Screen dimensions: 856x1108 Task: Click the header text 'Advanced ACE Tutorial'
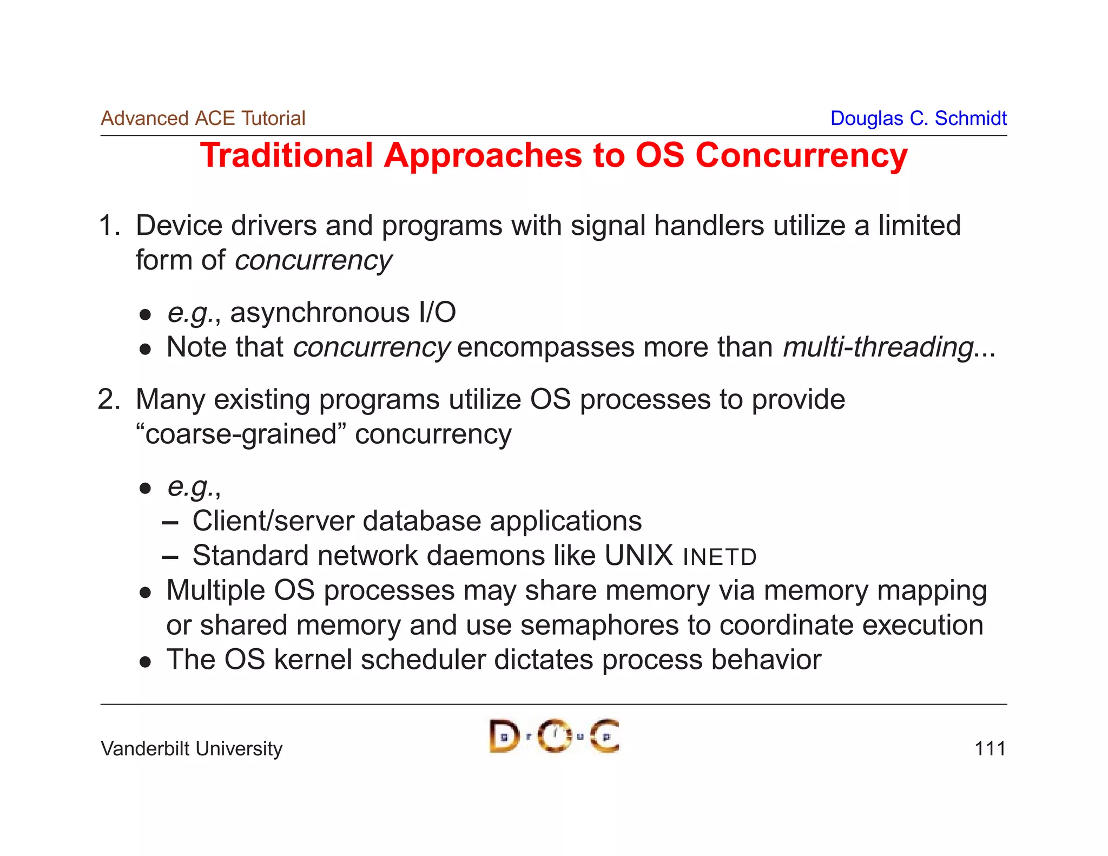[x=203, y=118]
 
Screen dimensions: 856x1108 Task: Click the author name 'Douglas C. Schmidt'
[x=918, y=118]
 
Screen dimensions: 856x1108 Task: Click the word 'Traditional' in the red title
[x=286, y=156]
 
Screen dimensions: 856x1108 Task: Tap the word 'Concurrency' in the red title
[x=801, y=156]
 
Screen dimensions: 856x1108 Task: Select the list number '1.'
[x=109, y=226]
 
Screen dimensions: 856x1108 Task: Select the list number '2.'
[x=109, y=400]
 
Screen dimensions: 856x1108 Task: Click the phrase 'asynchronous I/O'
[x=343, y=313]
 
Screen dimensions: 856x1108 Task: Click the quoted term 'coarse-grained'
[x=241, y=434]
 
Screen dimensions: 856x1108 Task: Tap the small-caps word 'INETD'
[x=719, y=557]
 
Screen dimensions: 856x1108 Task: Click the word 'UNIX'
[x=638, y=556]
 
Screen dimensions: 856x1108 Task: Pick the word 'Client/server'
[x=273, y=521]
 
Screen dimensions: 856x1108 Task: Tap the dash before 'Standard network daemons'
[x=170, y=557]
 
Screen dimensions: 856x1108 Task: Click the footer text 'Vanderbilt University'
[x=192, y=749]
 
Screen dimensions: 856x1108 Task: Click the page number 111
[x=990, y=749]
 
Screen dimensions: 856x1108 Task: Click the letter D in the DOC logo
[x=504, y=736]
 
